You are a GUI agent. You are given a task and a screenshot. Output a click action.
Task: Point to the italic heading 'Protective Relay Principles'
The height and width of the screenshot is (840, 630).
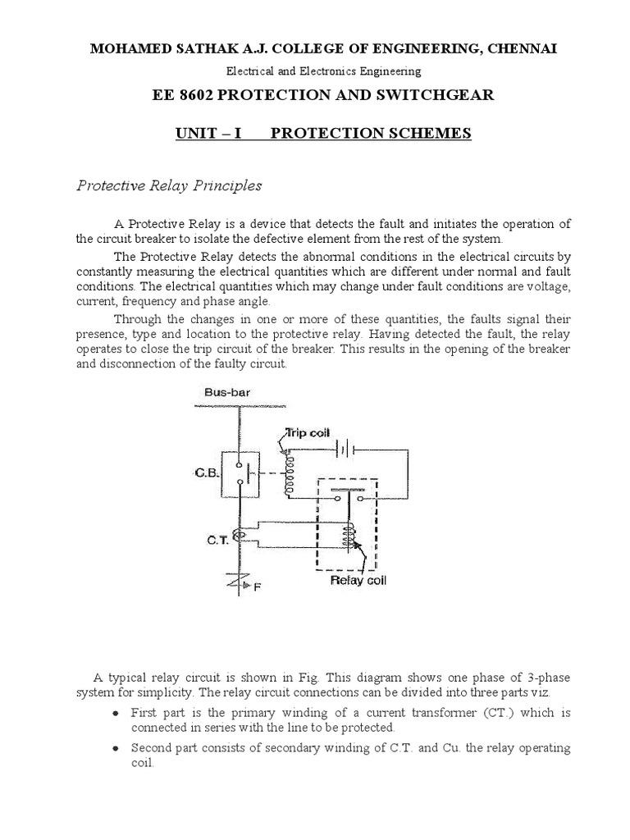169,185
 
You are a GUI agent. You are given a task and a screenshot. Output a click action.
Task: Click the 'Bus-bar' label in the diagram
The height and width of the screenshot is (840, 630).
226,393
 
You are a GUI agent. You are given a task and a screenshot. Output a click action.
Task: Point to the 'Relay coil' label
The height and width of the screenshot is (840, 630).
358,582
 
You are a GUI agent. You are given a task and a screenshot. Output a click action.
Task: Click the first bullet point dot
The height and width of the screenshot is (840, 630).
118,714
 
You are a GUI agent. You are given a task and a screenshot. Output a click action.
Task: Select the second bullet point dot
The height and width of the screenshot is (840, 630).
118,750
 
